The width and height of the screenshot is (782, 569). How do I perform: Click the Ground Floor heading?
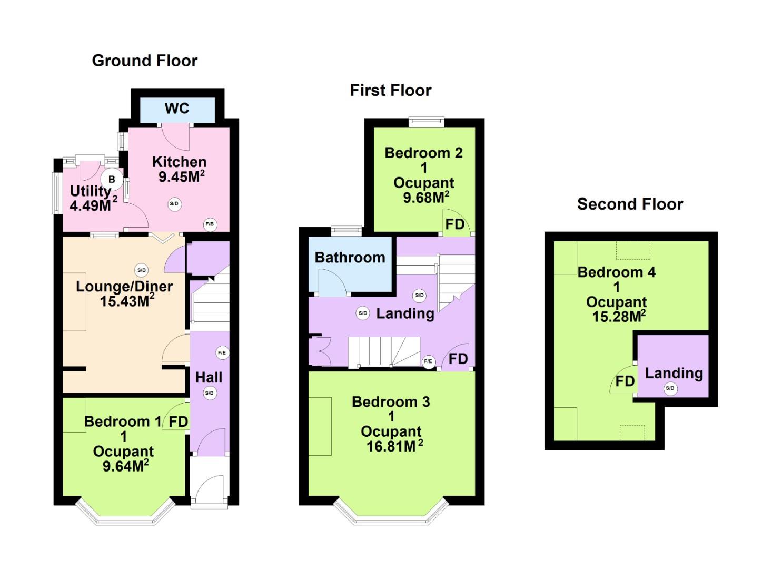pos(144,61)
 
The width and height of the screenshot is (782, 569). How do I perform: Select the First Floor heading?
pos(390,90)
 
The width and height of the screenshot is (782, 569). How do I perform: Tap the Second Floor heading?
pos(630,204)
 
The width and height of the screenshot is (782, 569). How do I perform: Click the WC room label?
pos(176,109)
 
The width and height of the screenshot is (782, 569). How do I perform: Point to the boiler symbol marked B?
pos(112,180)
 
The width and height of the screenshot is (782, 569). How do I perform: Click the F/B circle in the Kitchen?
pos(210,224)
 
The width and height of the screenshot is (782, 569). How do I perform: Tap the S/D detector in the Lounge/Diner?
pos(141,270)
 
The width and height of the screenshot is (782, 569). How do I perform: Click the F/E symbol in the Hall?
pos(222,352)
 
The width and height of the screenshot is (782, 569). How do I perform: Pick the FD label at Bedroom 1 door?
pos(179,421)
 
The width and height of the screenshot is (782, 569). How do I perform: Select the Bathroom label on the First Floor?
pos(350,258)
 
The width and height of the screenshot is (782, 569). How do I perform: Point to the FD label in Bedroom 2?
pos(455,224)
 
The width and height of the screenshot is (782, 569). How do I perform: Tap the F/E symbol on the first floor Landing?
pos(428,361)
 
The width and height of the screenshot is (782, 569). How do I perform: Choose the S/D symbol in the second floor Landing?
pos(670,388)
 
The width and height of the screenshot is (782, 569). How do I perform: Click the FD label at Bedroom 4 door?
pos(625,381)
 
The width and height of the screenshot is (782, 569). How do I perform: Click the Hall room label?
pos(209,377)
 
